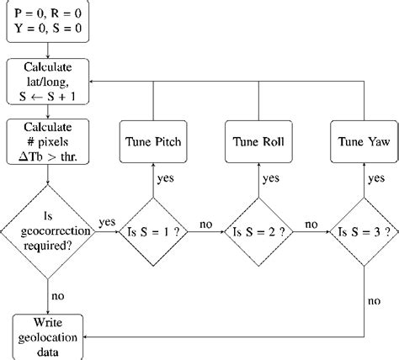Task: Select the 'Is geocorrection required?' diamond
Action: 49,229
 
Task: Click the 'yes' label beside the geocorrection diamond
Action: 107,222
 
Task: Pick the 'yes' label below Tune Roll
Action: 269,177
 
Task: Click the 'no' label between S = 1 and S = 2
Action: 205,224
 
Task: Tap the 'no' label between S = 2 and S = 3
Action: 309,224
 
